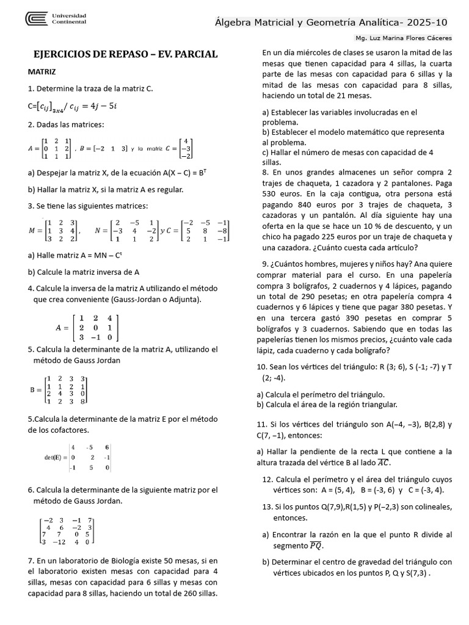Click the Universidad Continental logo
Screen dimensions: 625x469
pyautogui.click(x=56, y=19)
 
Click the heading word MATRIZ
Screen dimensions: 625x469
pyautogui.click(x=42, y=71)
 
